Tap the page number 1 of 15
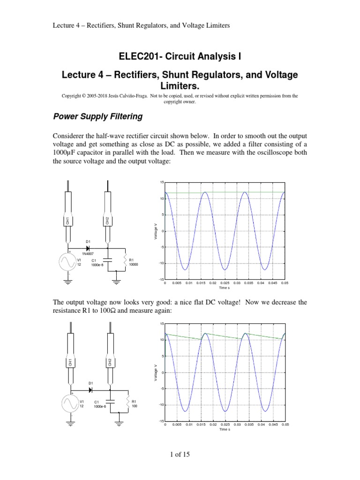tap(180, 454)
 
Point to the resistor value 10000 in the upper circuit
tap(134, 264)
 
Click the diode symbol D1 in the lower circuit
tap(90, 389)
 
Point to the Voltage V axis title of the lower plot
tap(156, 372)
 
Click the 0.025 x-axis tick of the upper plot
tap(225, 283)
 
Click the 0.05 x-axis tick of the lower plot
tap(285, 424)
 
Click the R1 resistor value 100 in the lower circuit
tap(134, 406)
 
